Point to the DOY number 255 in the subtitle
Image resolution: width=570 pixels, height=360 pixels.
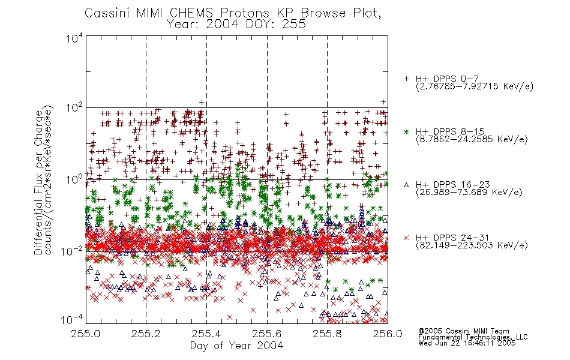(x=293, y=24)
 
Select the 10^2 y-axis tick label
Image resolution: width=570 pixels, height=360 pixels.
(x=75, y=107)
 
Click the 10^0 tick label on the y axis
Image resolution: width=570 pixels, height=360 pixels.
(x=75, y=179)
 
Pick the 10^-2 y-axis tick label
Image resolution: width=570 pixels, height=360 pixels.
(x=73, y=251)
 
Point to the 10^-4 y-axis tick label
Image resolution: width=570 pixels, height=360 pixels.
(x=72, y=320)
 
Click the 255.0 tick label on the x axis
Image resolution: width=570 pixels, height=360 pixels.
(x=86, y=334)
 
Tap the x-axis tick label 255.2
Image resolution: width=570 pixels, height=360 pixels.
(x=146, y=334)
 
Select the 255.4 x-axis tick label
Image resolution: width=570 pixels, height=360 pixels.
(x=206, y=334)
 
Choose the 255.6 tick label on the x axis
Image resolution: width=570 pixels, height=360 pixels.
(x=267, y=334)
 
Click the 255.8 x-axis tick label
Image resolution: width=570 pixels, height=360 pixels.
(x=327, y=334)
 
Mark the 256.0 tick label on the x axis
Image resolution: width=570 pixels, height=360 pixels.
(x=388, y=334)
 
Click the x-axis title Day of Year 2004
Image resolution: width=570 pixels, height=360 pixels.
(x=236, y=346)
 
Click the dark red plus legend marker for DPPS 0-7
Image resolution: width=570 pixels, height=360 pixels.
(x=406, y=79)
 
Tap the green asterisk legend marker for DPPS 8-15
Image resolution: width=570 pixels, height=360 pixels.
(x=406, y=131)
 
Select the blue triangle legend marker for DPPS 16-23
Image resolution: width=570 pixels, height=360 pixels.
(x=406, y=185)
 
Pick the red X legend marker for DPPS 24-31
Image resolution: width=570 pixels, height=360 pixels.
(x=406, y=238)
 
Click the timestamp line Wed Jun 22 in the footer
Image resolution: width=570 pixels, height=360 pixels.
(x=467, y=343)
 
